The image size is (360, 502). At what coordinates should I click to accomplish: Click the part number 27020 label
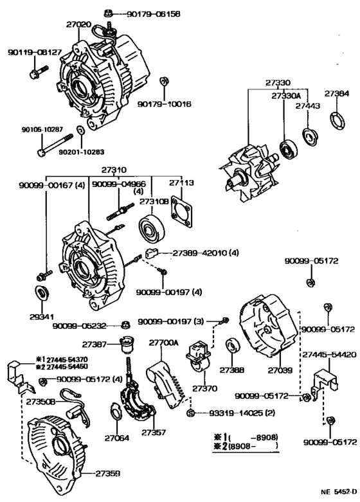pyautogui.click(x=78, y=24)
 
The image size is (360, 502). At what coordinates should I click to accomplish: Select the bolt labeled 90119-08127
pyautogui.click(x=34, y=73)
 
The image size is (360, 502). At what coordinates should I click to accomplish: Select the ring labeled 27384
pyautogui.click(x=336, y=120)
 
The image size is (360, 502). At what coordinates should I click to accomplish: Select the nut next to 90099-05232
pyautogui.click(x=125, y=325)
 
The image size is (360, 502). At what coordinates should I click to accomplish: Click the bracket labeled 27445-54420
pyautogui.click(x=324, y=382)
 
